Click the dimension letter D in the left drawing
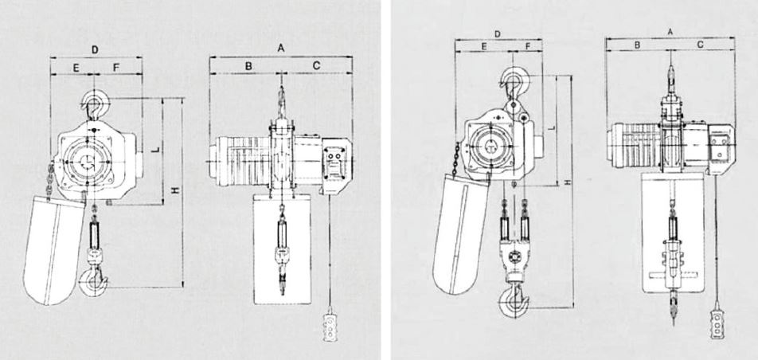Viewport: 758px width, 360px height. [96, 49]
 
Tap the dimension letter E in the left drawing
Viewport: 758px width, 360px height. [76, 68]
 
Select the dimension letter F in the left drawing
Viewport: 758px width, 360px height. [116, 68]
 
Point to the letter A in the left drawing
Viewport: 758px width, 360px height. [281, 48]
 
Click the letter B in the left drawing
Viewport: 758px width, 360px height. [248, 66]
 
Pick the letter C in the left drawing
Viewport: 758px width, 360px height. [316, 66]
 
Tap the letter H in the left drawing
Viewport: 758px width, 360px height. [176, 190]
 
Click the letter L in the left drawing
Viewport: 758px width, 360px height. [156, 150]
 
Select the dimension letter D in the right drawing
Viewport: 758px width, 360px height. [498, 34]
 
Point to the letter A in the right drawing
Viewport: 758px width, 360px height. [670, 31]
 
